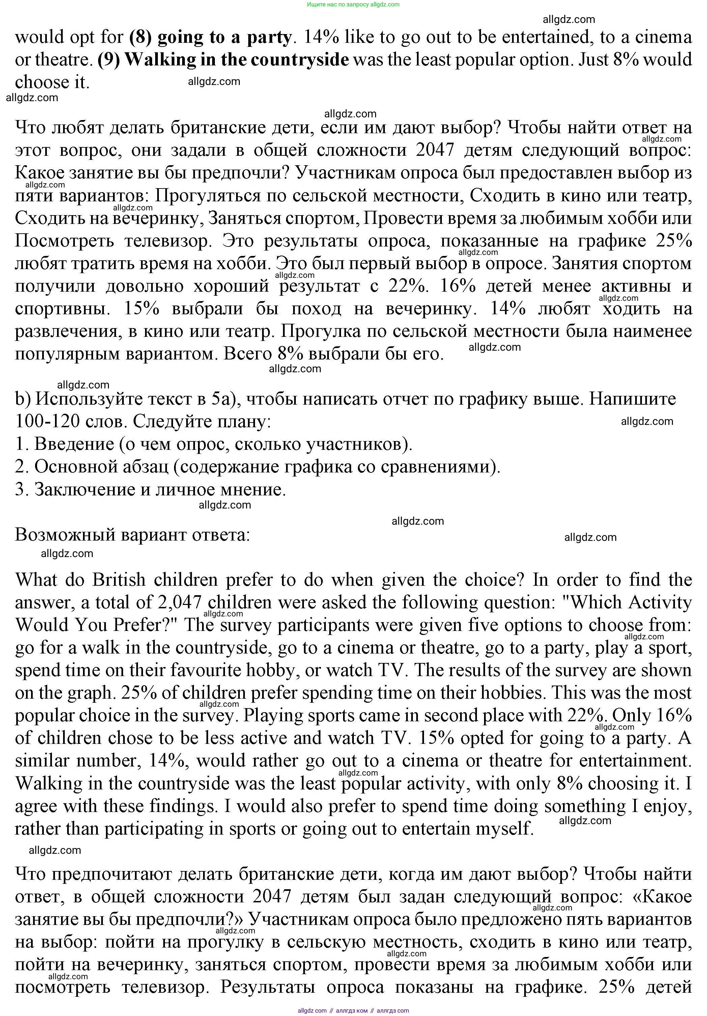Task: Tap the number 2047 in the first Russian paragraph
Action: click(x=435, y=150)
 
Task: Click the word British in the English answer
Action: click(x=119, y=580)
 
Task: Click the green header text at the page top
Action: click(x=353, y=4)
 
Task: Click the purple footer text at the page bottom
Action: click(x=353, y=1011)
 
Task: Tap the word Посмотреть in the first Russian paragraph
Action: click(x=63, y=241)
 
